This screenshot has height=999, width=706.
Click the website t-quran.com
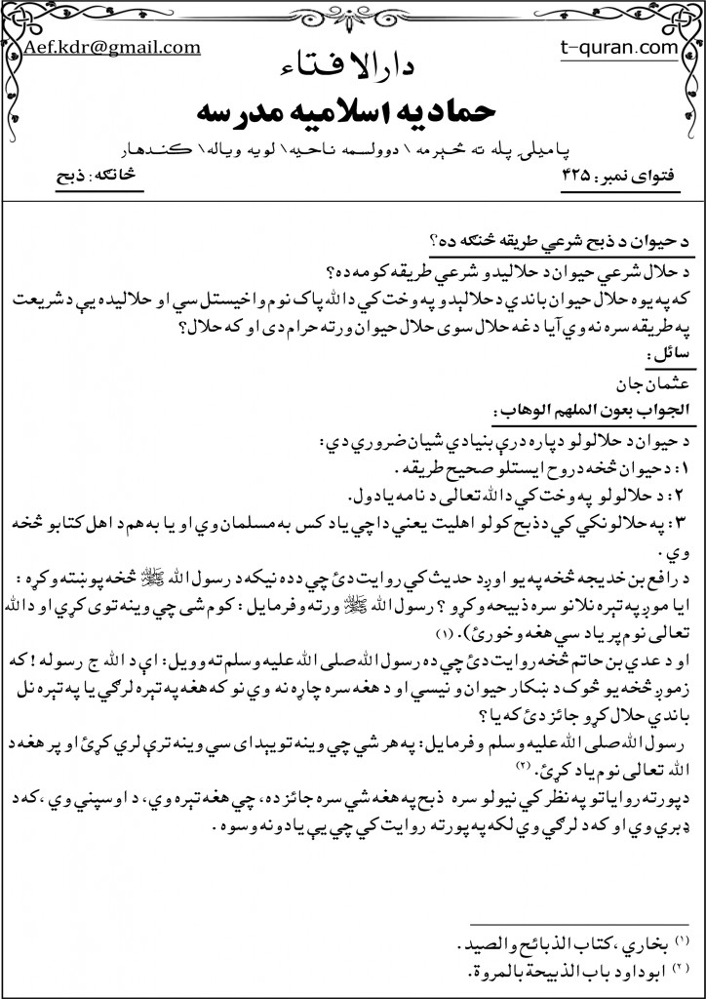pos(606,46)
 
